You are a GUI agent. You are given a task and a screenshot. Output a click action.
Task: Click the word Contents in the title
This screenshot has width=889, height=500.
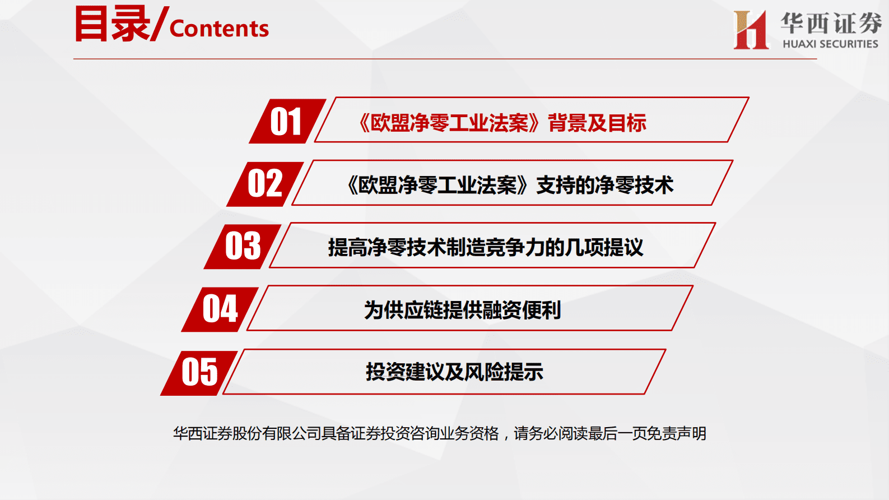(219, 29)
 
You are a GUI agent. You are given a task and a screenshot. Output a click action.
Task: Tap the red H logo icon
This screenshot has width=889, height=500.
(751, 30)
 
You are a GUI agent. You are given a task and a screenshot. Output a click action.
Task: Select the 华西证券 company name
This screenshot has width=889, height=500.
(831, 23)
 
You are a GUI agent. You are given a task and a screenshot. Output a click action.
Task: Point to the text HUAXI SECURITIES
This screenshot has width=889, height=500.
(830, 44)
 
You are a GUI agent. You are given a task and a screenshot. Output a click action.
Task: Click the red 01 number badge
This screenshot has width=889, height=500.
(286, 121)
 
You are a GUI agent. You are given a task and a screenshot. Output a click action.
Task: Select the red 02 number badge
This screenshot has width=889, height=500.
(265, 183)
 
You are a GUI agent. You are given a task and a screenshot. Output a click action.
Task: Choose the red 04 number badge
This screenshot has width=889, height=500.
(220, 309)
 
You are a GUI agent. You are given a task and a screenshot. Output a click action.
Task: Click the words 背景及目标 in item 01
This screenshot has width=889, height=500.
(597, 123)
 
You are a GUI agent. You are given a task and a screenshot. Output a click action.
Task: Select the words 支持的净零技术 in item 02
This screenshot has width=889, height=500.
(604, 185)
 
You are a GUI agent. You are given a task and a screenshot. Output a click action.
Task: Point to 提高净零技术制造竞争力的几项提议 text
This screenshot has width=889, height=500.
(486, 247)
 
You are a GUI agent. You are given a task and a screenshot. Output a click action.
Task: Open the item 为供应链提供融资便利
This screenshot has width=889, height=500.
(462, 309)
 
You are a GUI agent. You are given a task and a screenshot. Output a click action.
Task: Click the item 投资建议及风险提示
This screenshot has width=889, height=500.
(454, 372)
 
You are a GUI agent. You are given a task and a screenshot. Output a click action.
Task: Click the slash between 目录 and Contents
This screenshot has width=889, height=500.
(159, 24)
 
